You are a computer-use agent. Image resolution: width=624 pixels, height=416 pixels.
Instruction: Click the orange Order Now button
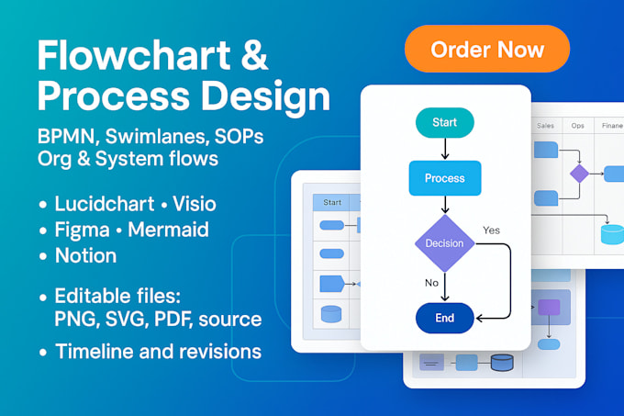pos(487,49)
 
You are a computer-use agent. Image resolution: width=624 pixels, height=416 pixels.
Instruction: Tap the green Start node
pos(444,122)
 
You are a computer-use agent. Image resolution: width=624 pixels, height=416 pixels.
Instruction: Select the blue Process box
pos(444,178)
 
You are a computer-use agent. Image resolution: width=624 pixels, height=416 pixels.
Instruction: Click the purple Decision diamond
pos(444,243)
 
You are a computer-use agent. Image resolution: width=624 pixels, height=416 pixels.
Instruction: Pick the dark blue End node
pos(444,319)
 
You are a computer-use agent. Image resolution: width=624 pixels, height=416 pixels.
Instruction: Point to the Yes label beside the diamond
pos(492,230)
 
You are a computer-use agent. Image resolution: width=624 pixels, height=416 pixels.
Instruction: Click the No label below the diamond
pos(431,283)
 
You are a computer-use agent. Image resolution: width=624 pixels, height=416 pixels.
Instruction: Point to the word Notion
pos(85,255)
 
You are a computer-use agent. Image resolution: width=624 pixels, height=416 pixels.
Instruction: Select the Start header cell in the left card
pos(331,202)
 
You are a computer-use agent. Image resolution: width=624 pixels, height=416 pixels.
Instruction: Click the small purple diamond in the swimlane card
pos(579,174)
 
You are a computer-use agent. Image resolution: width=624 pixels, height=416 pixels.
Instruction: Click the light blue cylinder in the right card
pos(611,232)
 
